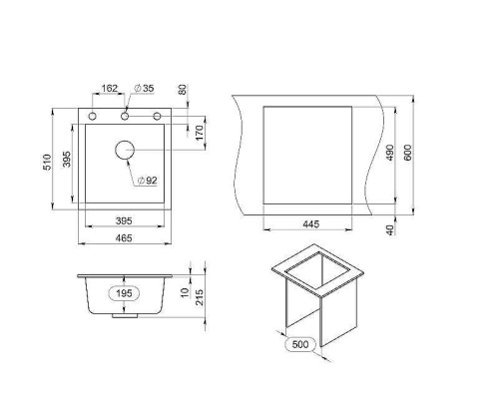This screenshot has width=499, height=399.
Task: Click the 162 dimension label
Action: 110,89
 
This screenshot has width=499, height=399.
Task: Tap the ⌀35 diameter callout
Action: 144,89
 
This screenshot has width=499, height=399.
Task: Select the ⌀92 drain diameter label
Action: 147,181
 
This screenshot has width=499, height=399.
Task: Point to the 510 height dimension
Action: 48,162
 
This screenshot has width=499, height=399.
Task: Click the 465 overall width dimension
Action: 124,238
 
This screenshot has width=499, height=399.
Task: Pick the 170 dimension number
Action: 200,133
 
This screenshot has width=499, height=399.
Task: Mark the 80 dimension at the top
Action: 183,90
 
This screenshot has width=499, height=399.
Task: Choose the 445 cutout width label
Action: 311,224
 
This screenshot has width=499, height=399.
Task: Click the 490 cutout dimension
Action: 389,153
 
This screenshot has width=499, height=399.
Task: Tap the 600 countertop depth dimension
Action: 408,153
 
